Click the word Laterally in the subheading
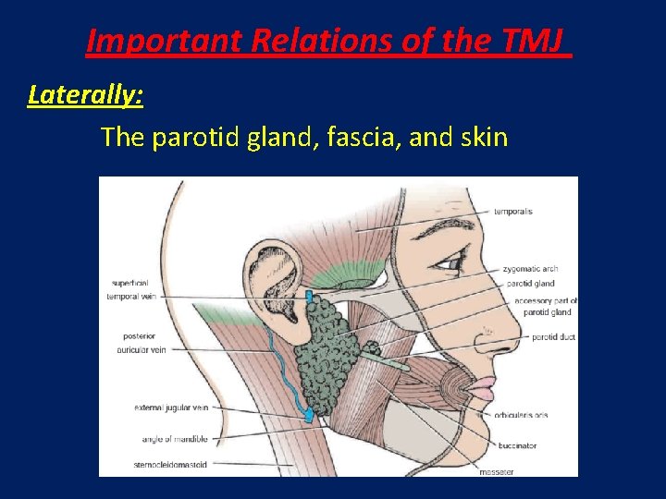[x=85, y=94]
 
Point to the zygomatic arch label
[x=532, y=269]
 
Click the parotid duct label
[x=553, y=337]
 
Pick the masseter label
[x=497, y=471]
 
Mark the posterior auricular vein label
[x=144, y=343]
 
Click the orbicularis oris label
[x=527, y=414]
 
